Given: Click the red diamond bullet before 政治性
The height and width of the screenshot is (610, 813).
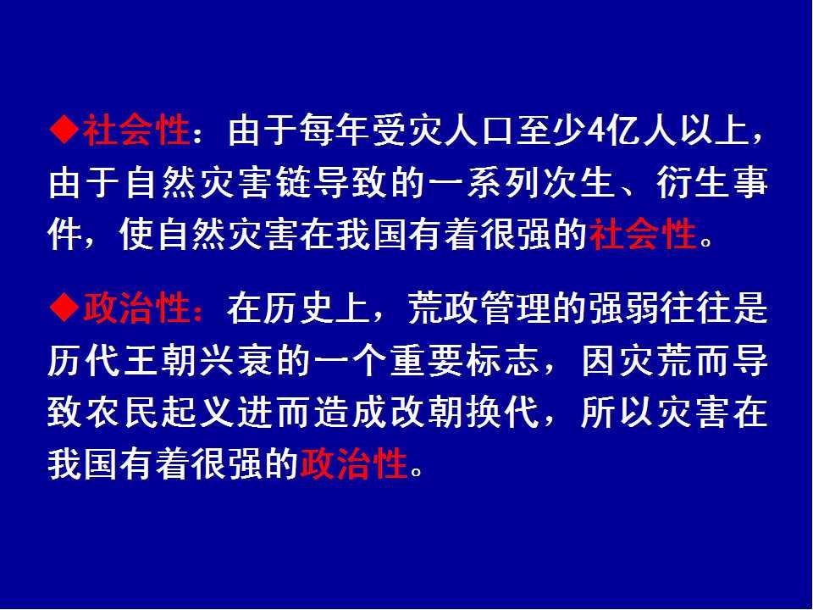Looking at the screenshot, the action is pos(64,308).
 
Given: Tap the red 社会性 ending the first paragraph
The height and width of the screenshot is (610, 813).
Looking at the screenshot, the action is pos(643,234).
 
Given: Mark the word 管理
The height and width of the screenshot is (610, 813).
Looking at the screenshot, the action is pos(516,308).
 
